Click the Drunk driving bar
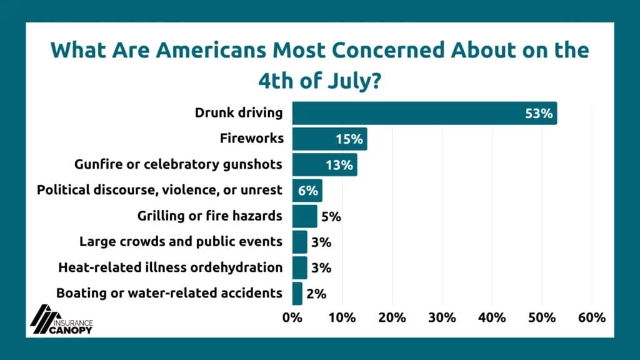click(x=424, y=113)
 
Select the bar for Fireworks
click(x=329, y=139)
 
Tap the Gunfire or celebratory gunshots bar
click(x=324, y=165)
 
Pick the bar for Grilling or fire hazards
click(x=304, y=216)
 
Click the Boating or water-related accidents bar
click(x=297, y=292)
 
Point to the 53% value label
click(x=539, y=114)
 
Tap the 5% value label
click(x=331, y=217)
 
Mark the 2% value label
click(x=316, y=293)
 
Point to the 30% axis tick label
click(x=442, y=317)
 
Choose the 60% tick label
click(x=591, y=317)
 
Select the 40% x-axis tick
click(x=492, y=317)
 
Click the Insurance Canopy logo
click(x=62, y=319)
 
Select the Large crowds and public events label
click(x=181, y=241)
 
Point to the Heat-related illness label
click(x=170, y=267)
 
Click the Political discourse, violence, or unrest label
click(x=160, y=190)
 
